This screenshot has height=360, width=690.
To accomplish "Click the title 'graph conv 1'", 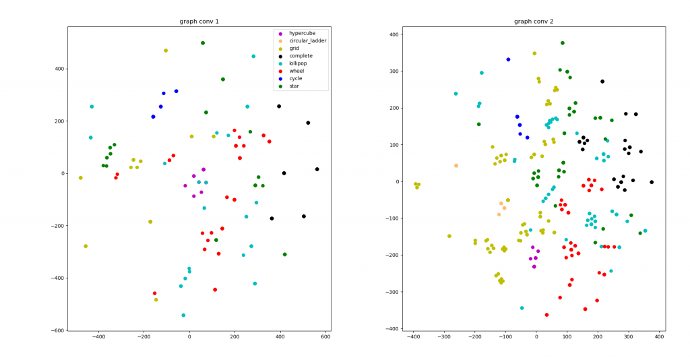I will coord(199,22).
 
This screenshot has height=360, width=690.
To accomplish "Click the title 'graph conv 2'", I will coord(534,22).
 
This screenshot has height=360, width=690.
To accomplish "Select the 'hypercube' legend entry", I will coord(307,34).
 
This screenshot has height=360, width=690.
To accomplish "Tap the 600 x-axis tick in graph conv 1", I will coord(325,338).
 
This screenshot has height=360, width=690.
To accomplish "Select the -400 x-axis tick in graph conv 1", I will coord(98,338).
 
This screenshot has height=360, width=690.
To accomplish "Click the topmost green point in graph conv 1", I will coord(203,43).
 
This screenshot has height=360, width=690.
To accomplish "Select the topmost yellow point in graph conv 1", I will coord(166,51).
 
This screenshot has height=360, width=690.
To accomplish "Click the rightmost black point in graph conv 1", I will coord(317,169).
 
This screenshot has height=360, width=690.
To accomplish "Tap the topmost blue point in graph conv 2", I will coord(508,59).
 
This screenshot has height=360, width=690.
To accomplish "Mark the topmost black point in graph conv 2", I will coord(602,82).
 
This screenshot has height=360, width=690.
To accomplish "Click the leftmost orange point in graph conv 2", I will coord(456,166).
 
